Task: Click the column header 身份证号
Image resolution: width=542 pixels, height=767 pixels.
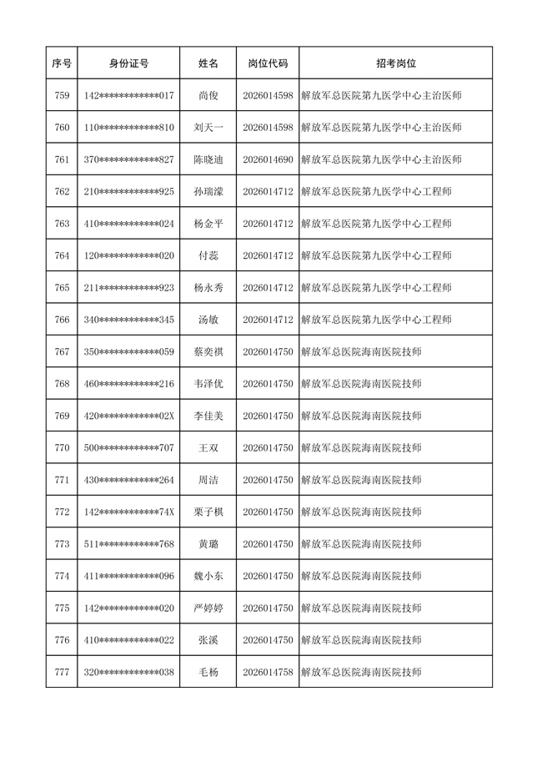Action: (x=128, y=63)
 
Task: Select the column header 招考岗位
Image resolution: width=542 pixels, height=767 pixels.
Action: (x=395, y=63)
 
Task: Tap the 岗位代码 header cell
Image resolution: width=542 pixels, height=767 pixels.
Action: (x=268, y=63)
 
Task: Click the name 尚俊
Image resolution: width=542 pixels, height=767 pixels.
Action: (x=208, y=96)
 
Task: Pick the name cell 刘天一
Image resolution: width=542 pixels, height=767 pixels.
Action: (x=208, y=128)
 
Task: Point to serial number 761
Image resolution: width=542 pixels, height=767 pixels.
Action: (x=62, y=159)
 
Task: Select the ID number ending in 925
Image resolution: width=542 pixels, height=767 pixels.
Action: (x=128, y=192)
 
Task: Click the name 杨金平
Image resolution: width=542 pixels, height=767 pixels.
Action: (x=208, y=224)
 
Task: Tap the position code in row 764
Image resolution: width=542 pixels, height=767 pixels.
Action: (x=268, y=255)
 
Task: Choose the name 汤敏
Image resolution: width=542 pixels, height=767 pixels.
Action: (x=208, y=320)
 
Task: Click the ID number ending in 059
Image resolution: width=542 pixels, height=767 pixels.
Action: (x=128, y=351)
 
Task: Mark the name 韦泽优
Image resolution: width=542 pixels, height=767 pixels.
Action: (x=208, y=384)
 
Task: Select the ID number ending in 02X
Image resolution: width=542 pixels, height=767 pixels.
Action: (x=128, y=416)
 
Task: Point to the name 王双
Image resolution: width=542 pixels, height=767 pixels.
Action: (x=208, y=448)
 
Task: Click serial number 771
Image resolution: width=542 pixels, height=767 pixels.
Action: (x=62, y=480)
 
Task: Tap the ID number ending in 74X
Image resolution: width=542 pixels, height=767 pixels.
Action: (x=128, y=512)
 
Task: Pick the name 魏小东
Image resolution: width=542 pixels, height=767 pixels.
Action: (x=208, y=576)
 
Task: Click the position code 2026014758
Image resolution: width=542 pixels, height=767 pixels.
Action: (x=268, y=672)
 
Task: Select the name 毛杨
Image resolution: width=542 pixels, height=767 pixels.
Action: (x=208, y=672)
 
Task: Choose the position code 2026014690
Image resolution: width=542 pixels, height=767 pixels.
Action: (x=268, y=159)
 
